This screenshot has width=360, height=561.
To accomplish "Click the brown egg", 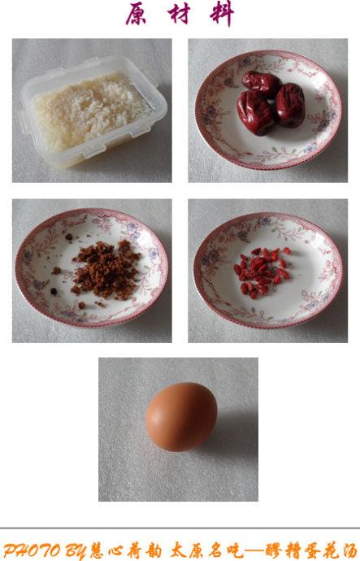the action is pos(181,417).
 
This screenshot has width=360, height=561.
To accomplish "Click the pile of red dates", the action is pos(271,102).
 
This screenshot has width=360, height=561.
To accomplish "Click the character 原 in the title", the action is pos(137,14).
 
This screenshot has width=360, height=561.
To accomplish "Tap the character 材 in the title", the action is pos(179,14).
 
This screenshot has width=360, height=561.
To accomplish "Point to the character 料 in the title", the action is pos(222,14).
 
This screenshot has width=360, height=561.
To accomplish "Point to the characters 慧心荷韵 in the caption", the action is pos(126,550).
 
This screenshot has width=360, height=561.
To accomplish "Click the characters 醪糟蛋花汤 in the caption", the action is pos(312,550).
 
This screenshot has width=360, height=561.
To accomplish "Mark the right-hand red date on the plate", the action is pos(290,105).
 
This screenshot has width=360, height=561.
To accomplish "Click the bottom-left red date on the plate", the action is pos(256,113).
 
